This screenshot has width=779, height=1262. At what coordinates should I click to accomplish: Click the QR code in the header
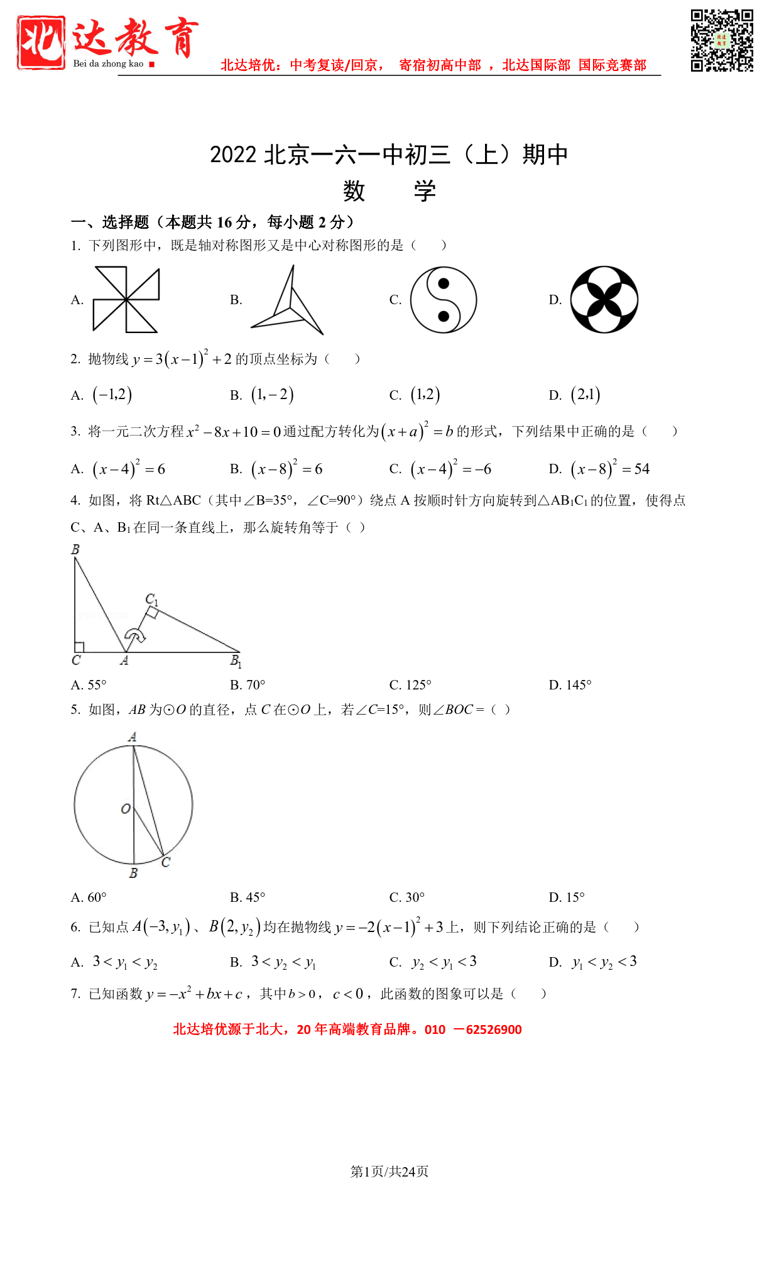(x=722, y=41)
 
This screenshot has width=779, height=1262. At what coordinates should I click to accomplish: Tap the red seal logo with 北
(x=41, y=42)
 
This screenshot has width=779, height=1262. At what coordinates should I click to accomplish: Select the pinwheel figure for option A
(x=126, y=300)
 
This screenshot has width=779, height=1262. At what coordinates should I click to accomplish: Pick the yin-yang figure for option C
(x=444, y=300)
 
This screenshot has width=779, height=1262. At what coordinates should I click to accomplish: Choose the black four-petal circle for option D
(x=604, y=299)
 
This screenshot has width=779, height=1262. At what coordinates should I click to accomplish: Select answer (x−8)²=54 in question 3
(x=609, y=469)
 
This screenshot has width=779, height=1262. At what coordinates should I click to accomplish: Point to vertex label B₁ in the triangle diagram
(x=236, y=661)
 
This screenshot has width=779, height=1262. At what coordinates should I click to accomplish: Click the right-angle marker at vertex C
(x=80, y=647)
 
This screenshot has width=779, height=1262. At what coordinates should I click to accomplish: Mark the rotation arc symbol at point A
(x=134, y=635)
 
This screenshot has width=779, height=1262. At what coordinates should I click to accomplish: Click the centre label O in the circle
(x=126, y=809)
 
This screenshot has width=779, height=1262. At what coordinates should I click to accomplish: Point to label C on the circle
(x=166, y=862)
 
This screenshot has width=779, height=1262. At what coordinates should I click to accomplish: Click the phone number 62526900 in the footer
(x=494, y=1029)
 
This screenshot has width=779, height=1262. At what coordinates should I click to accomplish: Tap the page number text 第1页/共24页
(x=389, y=1171)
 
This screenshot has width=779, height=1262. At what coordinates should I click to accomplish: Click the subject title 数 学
(x=389, y=191)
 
